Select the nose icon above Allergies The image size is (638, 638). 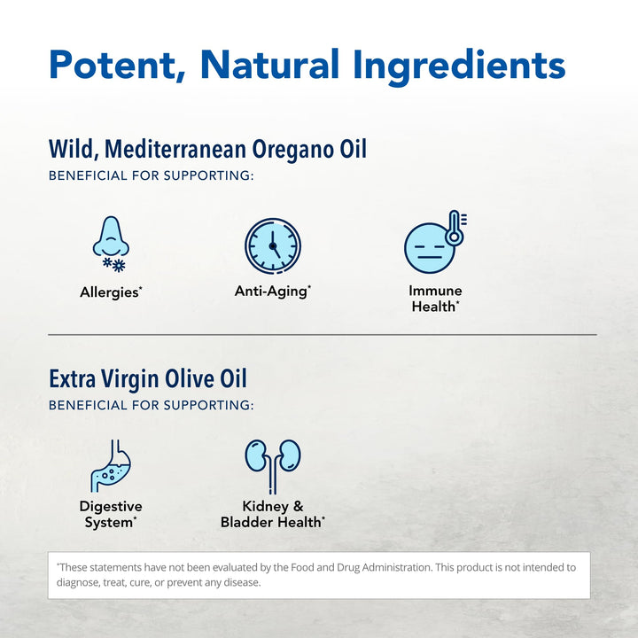(111, 237)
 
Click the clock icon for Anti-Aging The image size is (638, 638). (272, 245)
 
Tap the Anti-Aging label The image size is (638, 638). (272, 291)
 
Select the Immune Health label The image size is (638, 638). (435, 299)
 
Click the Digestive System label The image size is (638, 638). (111, 515)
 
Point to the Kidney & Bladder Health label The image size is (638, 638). (272, 515)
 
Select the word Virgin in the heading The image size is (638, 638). (134, 379)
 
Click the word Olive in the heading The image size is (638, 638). (193, 379)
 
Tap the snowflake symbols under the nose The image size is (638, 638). (114, 264)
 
